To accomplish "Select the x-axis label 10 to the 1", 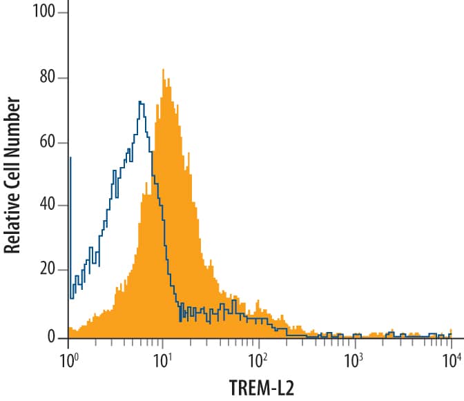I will tap(164, 359).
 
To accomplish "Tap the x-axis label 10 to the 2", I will tap(259, 359).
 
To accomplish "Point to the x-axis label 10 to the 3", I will tap(354, 359).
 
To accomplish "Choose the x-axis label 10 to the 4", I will tap(450, 359).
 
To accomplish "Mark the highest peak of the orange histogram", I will tap(163, 70).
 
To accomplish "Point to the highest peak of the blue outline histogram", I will tap(140, 103).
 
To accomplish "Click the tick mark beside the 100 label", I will tap(64, 13).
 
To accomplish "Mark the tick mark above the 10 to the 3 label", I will tap(355, 342).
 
